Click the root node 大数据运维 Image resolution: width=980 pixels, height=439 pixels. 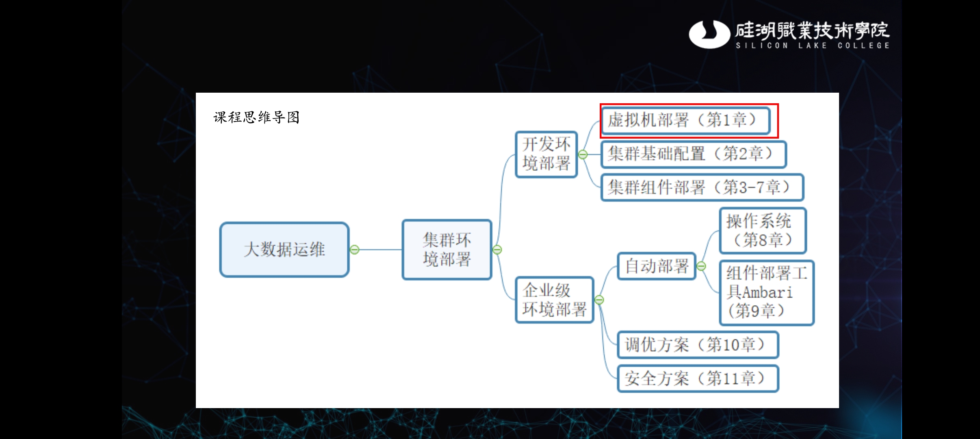[x=284, y=249]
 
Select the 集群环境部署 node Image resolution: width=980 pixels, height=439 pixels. [x=447, y=250]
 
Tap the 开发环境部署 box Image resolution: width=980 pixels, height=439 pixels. [x=546, y=154]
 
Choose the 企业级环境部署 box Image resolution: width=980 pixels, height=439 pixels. [x=554, y=300]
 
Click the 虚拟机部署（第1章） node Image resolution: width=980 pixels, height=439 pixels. [x=685, y=120]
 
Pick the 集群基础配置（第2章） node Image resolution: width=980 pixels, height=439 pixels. [x=694, y=154]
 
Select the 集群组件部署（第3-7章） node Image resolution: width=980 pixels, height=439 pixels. [x=702, y=187]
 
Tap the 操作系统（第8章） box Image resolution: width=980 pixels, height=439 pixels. [x=763, y=230]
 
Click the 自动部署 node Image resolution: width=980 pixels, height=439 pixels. [x=657, y=266]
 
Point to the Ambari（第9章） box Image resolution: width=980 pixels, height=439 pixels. [x=766, y=293]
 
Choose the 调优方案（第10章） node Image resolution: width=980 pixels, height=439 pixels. [x=698, y=345]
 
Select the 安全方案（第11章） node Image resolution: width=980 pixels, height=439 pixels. [x=698, y=378]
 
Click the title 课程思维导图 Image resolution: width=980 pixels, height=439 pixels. [x=256, y=117]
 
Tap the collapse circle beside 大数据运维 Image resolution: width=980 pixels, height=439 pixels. [x=355, y=250]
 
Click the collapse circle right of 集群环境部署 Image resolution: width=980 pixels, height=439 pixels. [x=497, y=250]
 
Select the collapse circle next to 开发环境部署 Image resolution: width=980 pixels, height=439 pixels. [x=583, y=154]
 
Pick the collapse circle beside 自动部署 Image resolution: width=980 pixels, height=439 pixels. [x=701, y=266]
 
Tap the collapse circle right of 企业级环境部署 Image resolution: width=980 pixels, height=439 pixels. [x=599, y=300]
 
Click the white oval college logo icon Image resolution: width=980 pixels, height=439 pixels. [x=709, y=34]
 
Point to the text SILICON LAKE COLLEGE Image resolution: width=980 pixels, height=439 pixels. [x=813, y=46]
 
